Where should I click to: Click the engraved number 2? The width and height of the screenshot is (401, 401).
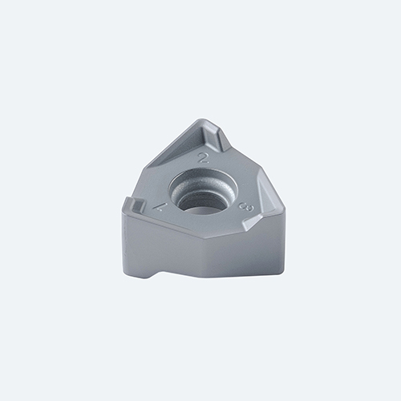204,158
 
